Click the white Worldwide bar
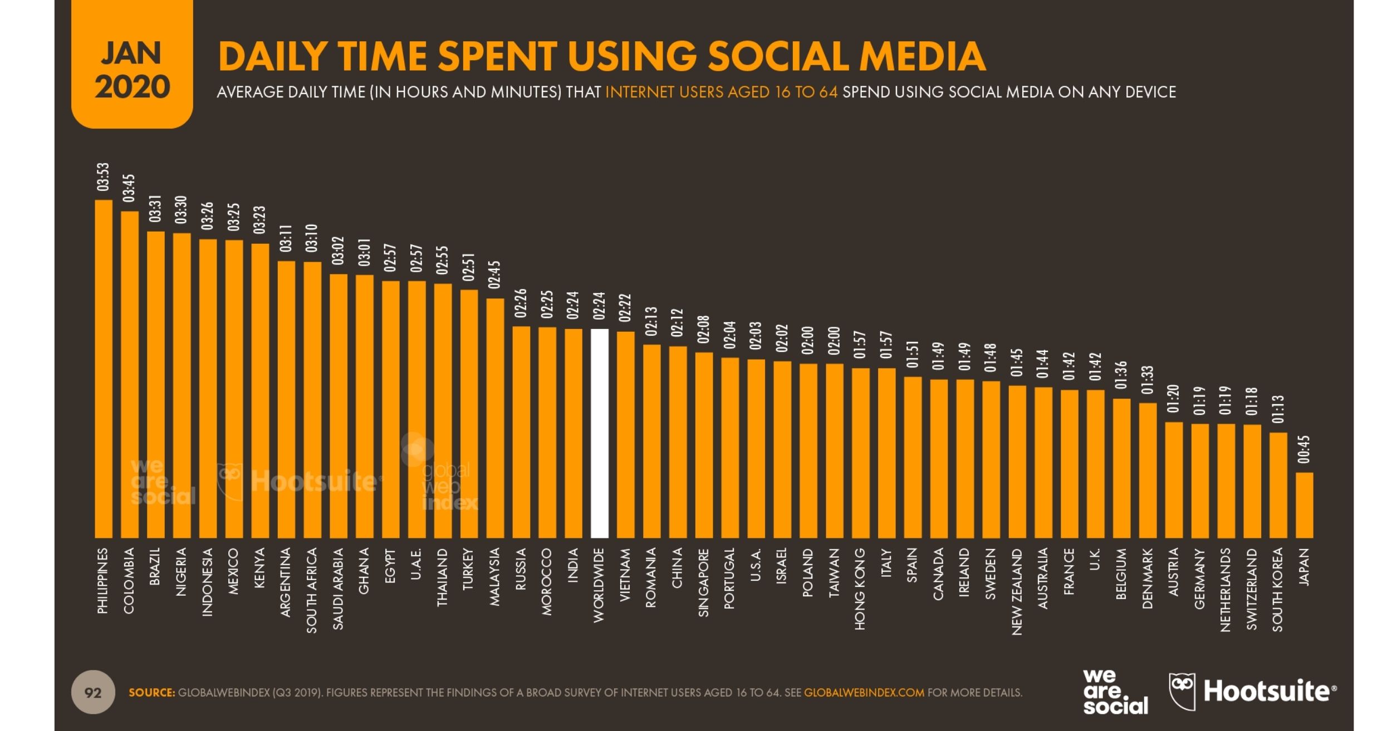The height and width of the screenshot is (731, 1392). coord(599,433)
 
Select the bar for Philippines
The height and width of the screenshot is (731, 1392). coord(104,369)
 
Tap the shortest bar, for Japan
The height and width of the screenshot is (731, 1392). coord(1304,505)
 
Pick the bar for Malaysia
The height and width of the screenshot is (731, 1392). coord(495,418)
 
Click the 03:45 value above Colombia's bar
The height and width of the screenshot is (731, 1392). coord(129,188)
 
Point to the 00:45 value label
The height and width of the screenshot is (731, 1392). coord(1304,449)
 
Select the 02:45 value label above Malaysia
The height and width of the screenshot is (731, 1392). coord(494,275)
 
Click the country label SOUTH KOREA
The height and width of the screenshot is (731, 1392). coord(1278,590)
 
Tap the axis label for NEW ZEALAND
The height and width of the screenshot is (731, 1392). coord(1017,592)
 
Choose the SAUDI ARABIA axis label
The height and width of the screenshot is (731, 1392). coord(338,589)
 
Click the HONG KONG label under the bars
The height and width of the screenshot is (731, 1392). coord(860,589)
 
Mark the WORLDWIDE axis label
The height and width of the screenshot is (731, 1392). coord(599,585)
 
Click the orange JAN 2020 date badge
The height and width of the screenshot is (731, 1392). coord(132,64)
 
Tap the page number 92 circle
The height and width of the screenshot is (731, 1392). coord(93,693)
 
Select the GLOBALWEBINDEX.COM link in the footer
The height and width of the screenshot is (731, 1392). coord(864,693)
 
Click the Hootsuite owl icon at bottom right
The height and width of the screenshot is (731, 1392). coord(1183,692)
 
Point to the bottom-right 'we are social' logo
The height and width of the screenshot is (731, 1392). coord(1115,692)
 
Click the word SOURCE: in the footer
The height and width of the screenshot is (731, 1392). coord(152,693)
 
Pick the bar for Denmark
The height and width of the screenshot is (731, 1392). coord(1148,470)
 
